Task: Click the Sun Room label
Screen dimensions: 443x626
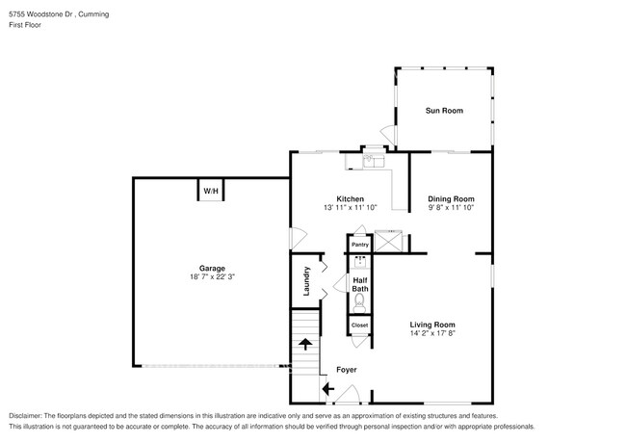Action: pyautogui.click(x=444, y=111)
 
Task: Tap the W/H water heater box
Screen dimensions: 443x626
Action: pyautogui.click(x=210, y=191)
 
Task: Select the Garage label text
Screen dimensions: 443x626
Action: pyautogui.click(x=212, y=268)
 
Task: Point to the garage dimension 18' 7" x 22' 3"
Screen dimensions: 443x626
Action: pyautogui.click(x=212, y=276)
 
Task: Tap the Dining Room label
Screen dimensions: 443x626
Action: pyautogui.click(x=451, y=198)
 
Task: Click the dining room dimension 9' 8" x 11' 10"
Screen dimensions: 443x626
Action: pyautogui.click(x=451, y=207)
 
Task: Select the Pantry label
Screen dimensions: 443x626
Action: pyautogui.click(x=359, y=246)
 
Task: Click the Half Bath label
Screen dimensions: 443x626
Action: pyautogui.click(x=359, y=284)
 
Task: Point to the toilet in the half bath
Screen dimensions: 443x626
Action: pyautogui.click(x=359, y=302)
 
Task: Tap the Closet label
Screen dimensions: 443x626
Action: pyautogui.click(x=359, y=326)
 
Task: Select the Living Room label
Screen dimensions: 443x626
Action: pyautogui.click(x=432, y=325)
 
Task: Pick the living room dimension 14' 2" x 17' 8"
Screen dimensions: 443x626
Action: pyautogui.click(x=432, y=333)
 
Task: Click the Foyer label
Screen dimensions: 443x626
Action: pyautogui.click(x=346, y=370)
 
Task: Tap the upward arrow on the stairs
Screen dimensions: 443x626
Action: pyautogui.click(x=305, y=343)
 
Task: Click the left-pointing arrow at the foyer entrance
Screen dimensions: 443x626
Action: pyautogui.click(x=327, y=389)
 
